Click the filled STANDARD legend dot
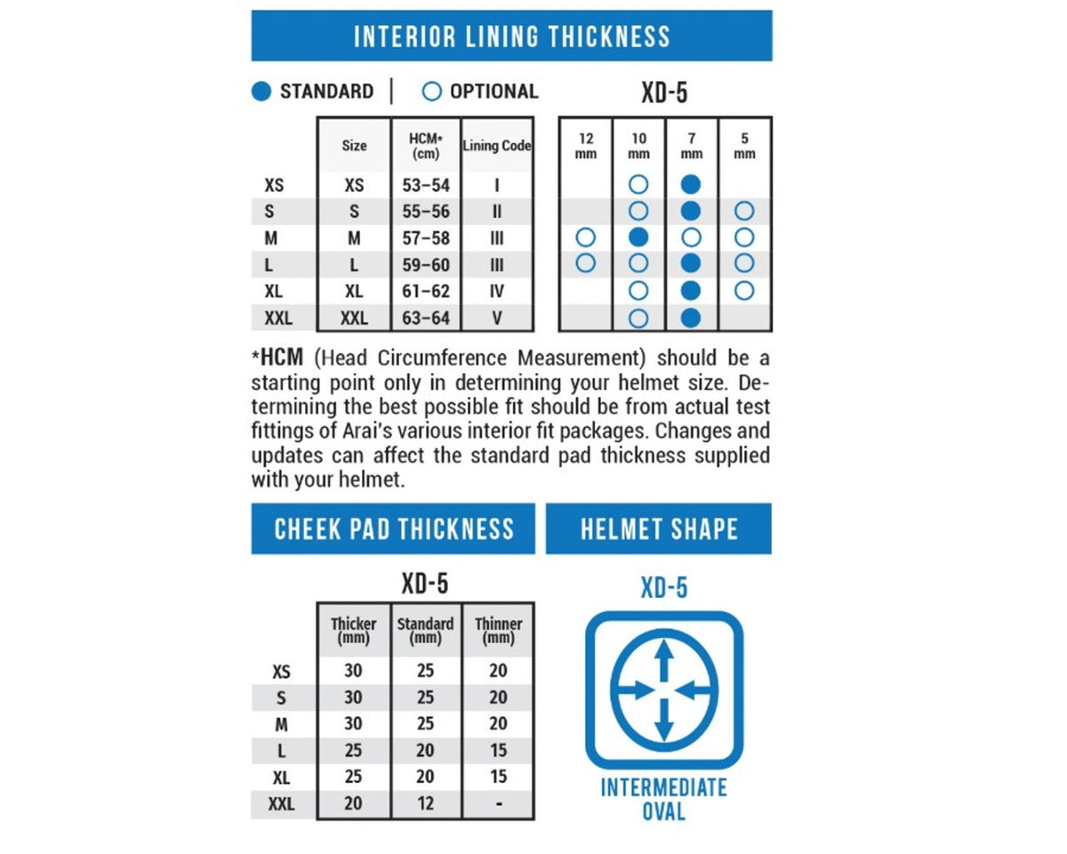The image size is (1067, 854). (x=261, y=92)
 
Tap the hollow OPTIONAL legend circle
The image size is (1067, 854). (x=431, y=92)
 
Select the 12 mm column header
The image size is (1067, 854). (x=586, y=146)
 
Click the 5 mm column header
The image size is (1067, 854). (x=744, y=146)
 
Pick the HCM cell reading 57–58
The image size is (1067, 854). (x=426, y=238)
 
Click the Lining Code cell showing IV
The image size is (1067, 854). (x=497, y=291)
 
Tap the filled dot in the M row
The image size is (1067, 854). (x=638, y=238)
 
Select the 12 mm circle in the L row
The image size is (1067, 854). (x=586, y=263)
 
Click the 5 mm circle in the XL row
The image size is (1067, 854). (x=744, y=291)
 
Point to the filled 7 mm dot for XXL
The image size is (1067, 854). (x=691, y=318)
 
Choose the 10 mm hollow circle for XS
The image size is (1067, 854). (x=638, y=185)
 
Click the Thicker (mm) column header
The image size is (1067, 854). (x=354, y=630)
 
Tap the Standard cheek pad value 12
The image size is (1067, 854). (x=425, y=803)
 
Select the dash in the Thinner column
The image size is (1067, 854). (x=499, y=804)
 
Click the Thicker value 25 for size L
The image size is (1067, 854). (x=353, y=750)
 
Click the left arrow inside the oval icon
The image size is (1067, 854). (x=634, y=689)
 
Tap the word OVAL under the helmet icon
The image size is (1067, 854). (x=664, y=812)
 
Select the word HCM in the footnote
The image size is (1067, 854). (x=282, y=358)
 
